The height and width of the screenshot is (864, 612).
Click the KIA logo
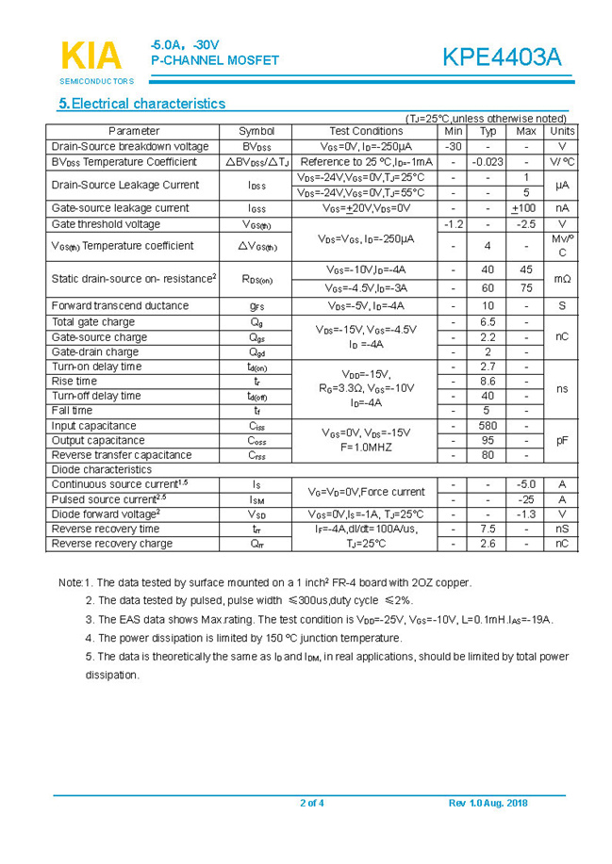click(x=91, y=56)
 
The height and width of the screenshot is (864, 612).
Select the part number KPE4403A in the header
click(x=502, y=57)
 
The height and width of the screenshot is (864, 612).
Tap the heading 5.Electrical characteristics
click(x=141, y=104)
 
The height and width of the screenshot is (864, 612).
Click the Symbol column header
click(x=256, y=131)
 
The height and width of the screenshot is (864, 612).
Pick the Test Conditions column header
click(x=366, y=131)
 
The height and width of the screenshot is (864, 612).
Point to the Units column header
click(x=561, y=131)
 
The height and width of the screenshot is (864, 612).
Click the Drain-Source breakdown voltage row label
click(x=130, y=146)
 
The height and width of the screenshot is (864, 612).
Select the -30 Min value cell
click(x=454, y=146)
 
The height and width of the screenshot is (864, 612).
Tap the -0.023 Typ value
click(x=488, y=162)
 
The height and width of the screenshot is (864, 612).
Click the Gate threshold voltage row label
click(x=106, y=224)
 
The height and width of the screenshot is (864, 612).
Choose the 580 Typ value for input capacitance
click(x=488, y=426)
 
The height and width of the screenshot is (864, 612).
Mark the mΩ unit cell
click(x=561, y=279)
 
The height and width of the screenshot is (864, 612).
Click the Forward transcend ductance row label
click(x=120, y=305)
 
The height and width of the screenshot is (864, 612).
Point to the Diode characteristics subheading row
click(x=102, y=469)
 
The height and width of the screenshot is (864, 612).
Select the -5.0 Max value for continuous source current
click(x=526, y=484)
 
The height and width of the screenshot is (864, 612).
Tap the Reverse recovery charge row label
click(x=112, y=543)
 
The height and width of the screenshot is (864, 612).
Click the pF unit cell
click(x=561, y=440)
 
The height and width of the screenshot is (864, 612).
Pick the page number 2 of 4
click(x=311, y=803)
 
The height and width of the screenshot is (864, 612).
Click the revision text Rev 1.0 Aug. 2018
click(x=488, y=803)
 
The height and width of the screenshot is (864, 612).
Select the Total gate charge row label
click(x=93, y=322)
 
